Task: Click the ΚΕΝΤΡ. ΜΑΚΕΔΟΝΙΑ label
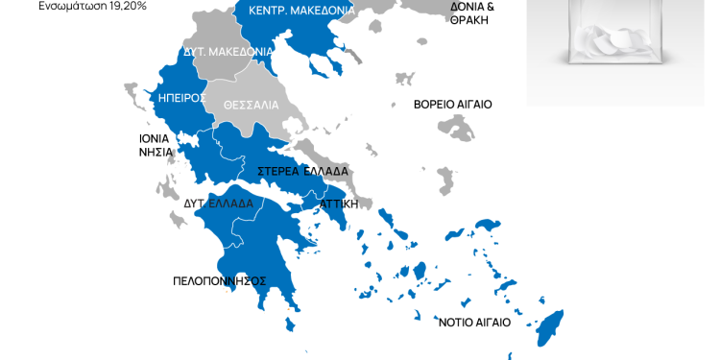coord(300,10)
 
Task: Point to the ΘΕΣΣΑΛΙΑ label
coord(251,104)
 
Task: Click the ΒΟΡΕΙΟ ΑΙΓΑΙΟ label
coord(452,104)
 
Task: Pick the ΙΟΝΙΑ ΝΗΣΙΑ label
coord(154,145)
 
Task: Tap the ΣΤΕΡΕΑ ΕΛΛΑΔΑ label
coord(302,172)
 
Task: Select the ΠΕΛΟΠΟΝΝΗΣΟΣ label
coord(219,281)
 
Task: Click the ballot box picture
coord(615,48)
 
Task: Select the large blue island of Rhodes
coord(549,326)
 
